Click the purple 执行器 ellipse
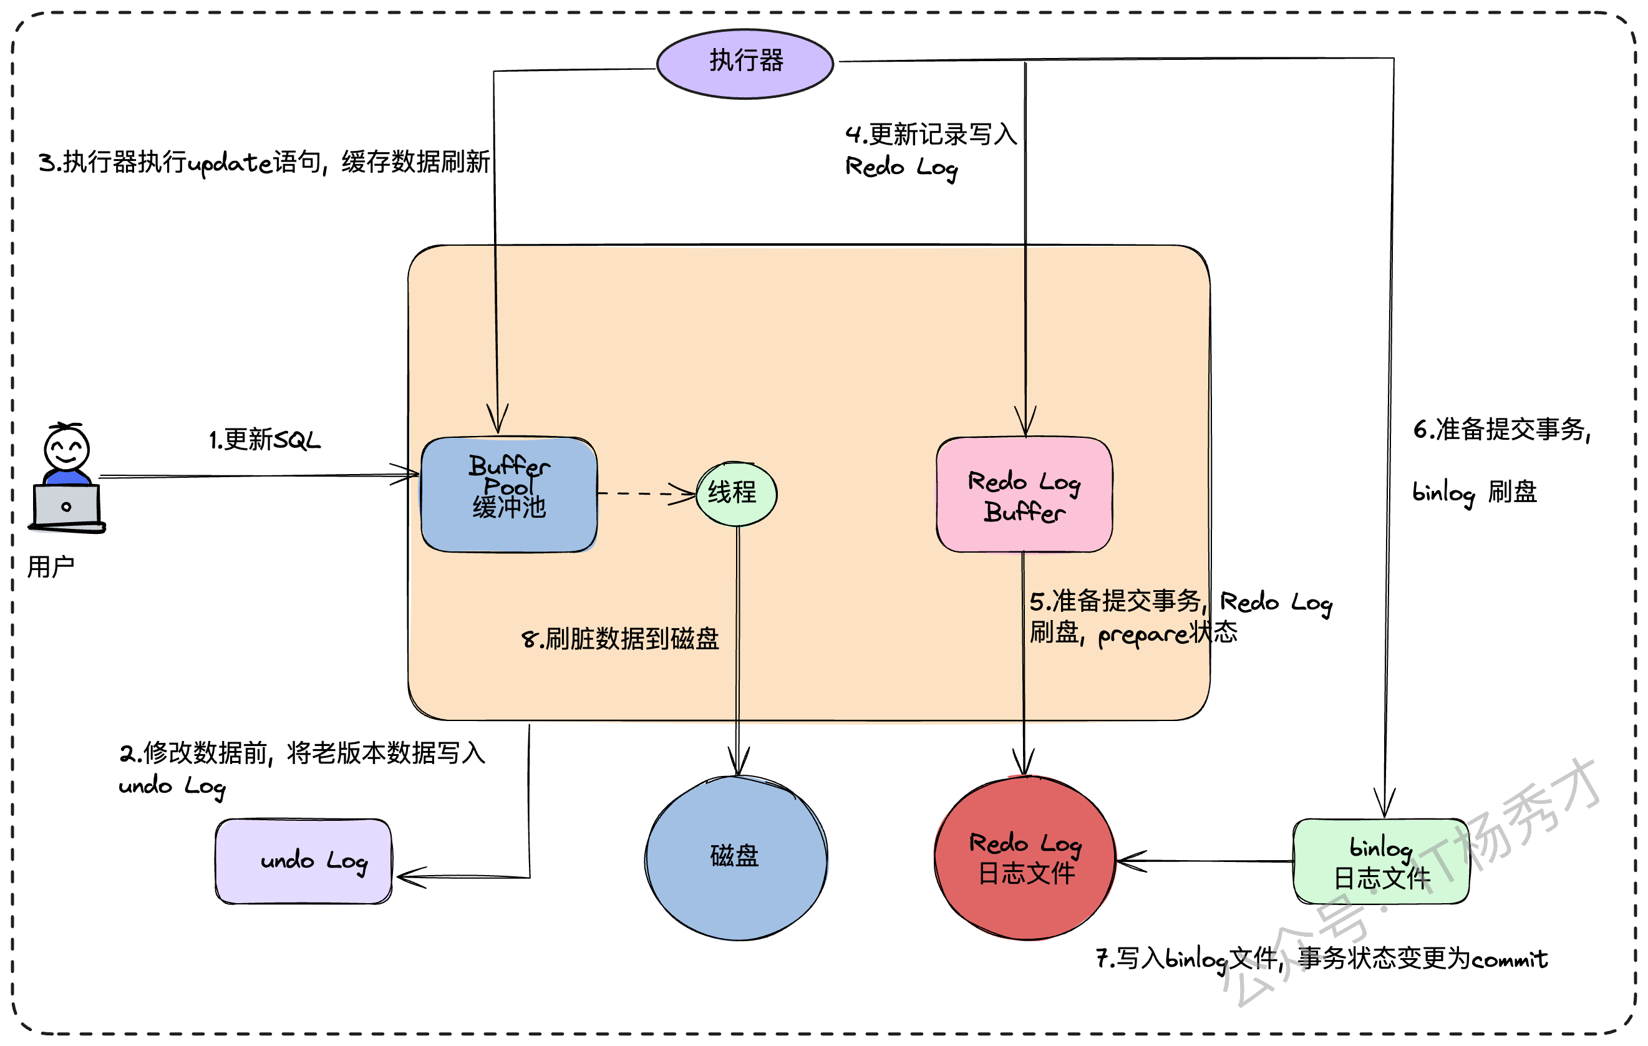(x=745, y=64)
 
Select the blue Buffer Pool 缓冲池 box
(x=509, y=494)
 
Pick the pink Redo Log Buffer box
(x=1024, y=494)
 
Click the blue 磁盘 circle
(x=737, y=858)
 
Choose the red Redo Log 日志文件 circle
(x=1025, y=858)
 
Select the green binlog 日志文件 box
(x=1381, y=861)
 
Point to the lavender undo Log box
(x=304, y=861)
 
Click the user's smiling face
(x=66, y=448)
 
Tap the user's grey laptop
(x=66, y=507)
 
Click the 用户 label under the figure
(x=51, y=567)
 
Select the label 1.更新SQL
(x=264, y=440)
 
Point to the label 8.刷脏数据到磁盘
(x=620, y=639)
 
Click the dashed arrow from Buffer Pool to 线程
(x=647, y=493)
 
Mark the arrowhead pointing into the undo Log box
(x=410, y=877)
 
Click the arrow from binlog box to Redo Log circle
(x=1204, y=861)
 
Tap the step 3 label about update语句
(x=264, y=163)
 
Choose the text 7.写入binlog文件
(x=1187, y=959)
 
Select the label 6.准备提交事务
(x=1502, y=430)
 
